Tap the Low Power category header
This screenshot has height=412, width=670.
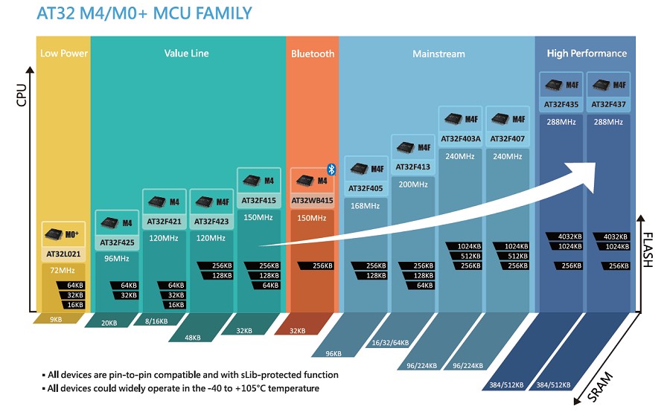[x=64, y=54]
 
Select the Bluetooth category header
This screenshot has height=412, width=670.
[x=313, y=54]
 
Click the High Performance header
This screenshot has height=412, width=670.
[x=587, y=54]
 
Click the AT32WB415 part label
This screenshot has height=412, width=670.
[x=312, y=200]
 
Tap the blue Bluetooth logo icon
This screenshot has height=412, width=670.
[x=332, y=170]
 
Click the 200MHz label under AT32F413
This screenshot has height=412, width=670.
[x=412, y=184]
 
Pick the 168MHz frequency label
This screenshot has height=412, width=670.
[x=365, y=205]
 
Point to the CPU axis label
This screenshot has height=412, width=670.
[x=21, y=94]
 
